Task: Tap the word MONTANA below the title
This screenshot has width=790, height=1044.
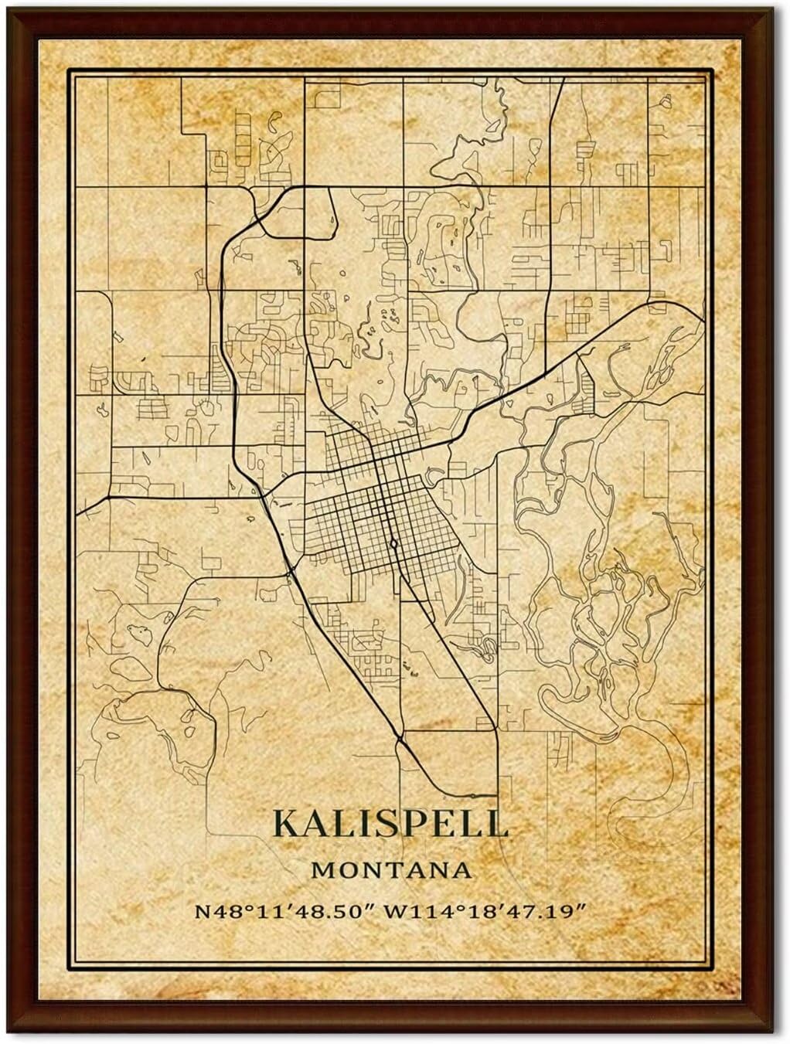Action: [392, 870]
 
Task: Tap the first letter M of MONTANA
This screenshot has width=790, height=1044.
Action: [322, 870]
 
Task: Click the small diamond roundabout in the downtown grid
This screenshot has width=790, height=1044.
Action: [394, 544]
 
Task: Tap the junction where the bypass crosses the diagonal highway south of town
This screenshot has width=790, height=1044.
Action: [400, 739]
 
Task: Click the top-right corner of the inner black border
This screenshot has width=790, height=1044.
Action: [711, 70]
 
